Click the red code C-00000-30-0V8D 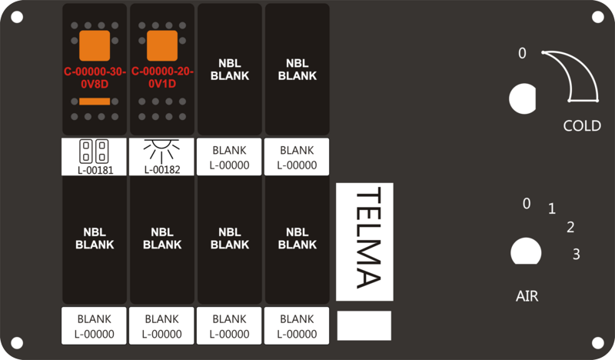tap(95, 78)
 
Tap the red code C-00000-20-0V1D tap(162, 78)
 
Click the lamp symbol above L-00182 tap(161, 151)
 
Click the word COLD tap(582, 125)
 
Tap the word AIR tap(527, 296)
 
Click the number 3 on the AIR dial tap(576, 254)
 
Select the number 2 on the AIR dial tap(570, 227)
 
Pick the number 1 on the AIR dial tap(552, 208)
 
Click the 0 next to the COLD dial tap(522, 53)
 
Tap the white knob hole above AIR tap(526, 251)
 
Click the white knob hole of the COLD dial tap(523, 98)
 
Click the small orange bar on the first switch tap(95, 102)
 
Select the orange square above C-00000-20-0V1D tap(162, 46)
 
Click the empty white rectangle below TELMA tap(364, 325)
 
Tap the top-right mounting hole tap(598, 17)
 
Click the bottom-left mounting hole tap(17, 343)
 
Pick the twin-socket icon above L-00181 tap(94, 151)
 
